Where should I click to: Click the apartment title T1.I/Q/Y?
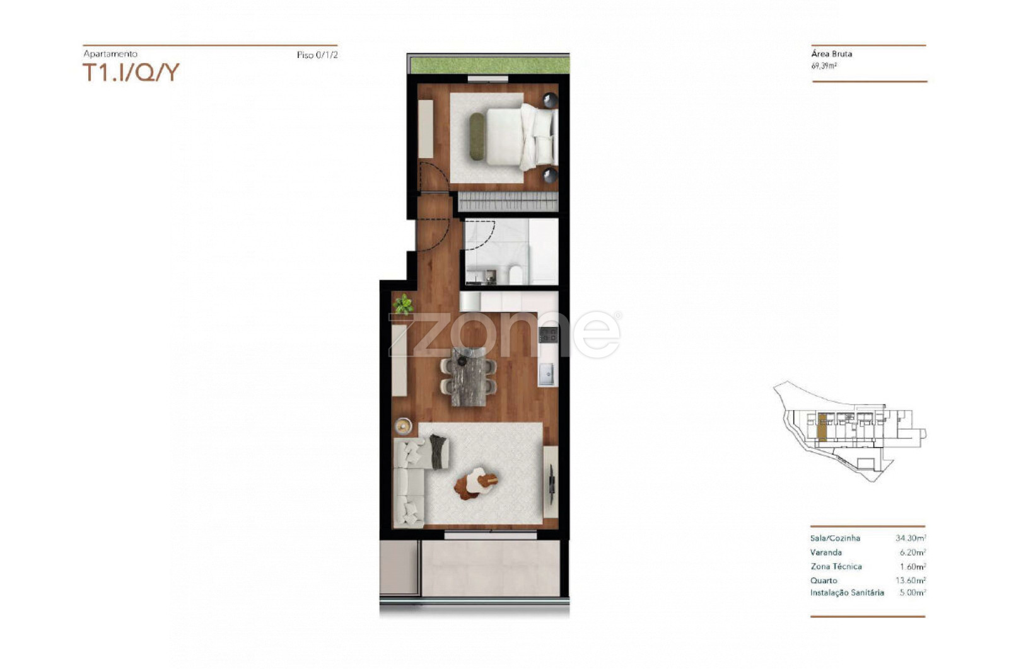(131, 72)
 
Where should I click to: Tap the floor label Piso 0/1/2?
(317, 55)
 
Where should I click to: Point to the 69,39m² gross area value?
(824, 66)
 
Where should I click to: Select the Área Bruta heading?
(832, 54)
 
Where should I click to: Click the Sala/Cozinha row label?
(835, 538)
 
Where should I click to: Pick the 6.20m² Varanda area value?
(913, 552)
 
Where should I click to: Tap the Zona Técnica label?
(836, 566)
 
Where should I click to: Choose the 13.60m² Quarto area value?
(911, 580)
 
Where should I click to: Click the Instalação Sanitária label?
(847, 593)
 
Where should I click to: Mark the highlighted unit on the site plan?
(822, 427)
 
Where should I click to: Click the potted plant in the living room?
(403, 305)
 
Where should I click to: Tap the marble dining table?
(469, 377)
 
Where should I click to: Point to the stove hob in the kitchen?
(548, 334)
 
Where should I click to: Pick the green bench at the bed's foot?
(477, 136)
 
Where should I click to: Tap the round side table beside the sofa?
(403, 425)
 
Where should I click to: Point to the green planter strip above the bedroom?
(489, 66)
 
